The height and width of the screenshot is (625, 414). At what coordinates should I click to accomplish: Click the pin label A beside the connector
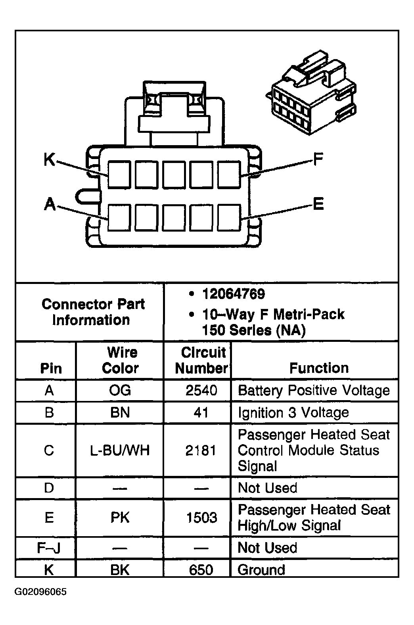click(50, 204)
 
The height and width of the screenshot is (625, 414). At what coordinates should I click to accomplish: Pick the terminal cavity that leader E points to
click(229, 217)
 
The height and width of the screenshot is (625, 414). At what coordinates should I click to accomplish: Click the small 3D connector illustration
click(312, 94)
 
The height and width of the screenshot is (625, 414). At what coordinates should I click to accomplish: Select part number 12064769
click(233, 294)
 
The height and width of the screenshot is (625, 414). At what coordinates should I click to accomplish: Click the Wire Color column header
click(121, 360)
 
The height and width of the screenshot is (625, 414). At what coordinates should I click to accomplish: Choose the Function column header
click(319, 368)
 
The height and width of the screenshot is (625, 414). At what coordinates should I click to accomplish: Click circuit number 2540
click(201, 391)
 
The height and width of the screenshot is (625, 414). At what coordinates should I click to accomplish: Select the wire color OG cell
click(120, 391)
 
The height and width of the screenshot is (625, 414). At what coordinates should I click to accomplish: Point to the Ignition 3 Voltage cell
click(293, 412)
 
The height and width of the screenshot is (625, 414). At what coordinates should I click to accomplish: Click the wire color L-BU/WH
click(120, 451)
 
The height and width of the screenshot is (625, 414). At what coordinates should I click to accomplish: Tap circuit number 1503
click(201, 518)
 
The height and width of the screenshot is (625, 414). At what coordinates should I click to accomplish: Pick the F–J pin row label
click(48, 548)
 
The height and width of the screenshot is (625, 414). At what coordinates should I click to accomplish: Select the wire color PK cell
click(120, 518)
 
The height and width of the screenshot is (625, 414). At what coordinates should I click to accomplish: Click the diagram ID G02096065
click(41, 592)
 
